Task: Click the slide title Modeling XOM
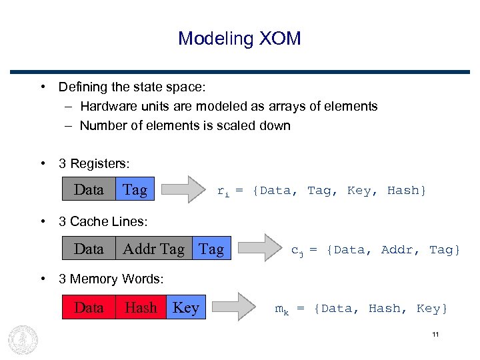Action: [239, 38]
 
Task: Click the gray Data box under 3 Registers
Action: [89, 190]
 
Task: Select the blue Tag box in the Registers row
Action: [135, 190]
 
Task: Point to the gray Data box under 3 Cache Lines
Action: [89, 249]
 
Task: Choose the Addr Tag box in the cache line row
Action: [153, 249]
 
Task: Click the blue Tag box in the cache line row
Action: [211, 249]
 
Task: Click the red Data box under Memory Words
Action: [89, 308]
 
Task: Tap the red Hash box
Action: [141, 308]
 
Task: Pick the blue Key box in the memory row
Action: [186, 308]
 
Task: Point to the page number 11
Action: [435, 334]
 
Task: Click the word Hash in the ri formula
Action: [403, 191]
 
